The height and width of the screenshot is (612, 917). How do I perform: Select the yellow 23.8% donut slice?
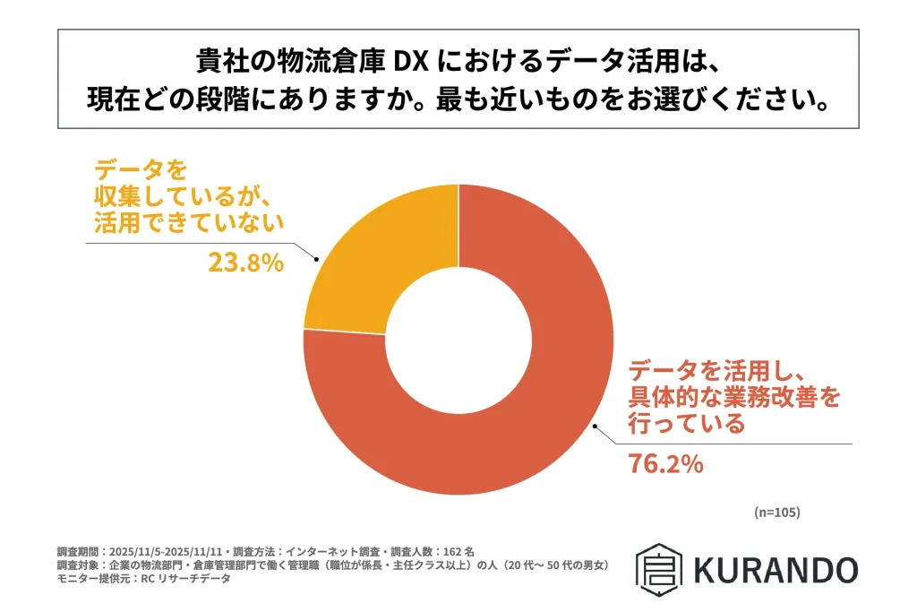[376, 260]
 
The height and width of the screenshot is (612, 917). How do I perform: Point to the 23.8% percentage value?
[246, 263]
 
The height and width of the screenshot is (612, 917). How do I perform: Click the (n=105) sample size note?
[776, 513]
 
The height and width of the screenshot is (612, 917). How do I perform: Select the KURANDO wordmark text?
[776, 569]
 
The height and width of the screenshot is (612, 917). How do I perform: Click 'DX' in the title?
[416, 64]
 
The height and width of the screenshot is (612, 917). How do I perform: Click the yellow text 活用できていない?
[188, 224]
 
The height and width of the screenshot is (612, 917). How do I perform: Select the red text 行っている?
[687, 424]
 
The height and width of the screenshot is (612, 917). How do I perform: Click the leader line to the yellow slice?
[197, 242]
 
